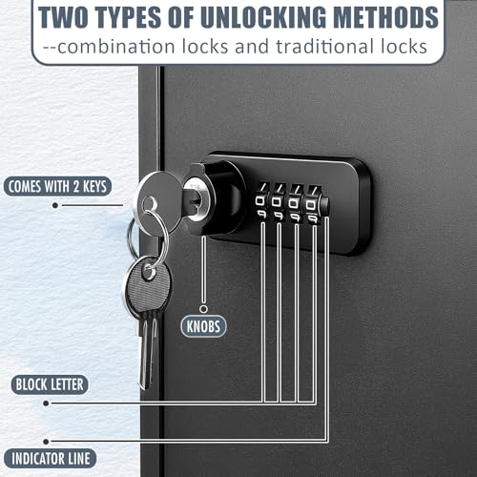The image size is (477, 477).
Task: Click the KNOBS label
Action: coord(203,326)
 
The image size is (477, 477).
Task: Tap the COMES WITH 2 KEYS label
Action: coord(57,186)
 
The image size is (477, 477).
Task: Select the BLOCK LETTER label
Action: coord(50,384)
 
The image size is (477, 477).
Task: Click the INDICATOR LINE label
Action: coord(51,459)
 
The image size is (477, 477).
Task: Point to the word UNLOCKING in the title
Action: coord(263,17)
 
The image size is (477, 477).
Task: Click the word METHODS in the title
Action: coord(387,17)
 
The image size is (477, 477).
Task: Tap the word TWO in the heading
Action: coord(63,17)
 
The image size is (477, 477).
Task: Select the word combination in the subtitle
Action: coord(116,47)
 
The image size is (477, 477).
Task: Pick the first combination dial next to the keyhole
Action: coord(261,201)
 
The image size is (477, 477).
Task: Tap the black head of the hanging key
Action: coord(147,283)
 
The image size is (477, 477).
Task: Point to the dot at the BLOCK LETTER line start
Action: coord(46,404)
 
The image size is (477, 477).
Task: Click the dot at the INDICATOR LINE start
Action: coord(46,442)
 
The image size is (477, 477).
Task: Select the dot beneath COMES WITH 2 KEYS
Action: coord(55,205)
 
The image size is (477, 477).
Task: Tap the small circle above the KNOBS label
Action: coord(203,309)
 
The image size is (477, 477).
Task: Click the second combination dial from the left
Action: coord(278,202)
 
